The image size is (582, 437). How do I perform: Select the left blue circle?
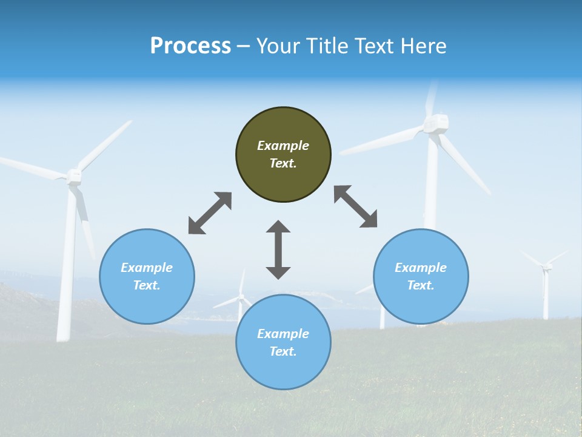[147, 276]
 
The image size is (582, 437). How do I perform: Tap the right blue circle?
[421, 276]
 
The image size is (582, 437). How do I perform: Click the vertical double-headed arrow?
[278, 250]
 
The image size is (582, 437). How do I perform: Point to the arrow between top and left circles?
[210, 213]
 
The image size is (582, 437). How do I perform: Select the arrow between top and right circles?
[355, 206]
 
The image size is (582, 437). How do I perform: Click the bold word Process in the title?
[190, 46]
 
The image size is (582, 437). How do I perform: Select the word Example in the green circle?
[283, 146]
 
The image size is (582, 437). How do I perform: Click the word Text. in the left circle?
[147, 285]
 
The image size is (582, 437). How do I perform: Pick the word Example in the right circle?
[421, 268]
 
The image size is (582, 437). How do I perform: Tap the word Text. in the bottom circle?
[283, 351]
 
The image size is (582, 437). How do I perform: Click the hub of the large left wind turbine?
[74, 176]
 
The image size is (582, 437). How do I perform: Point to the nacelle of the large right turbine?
[436, 123]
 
